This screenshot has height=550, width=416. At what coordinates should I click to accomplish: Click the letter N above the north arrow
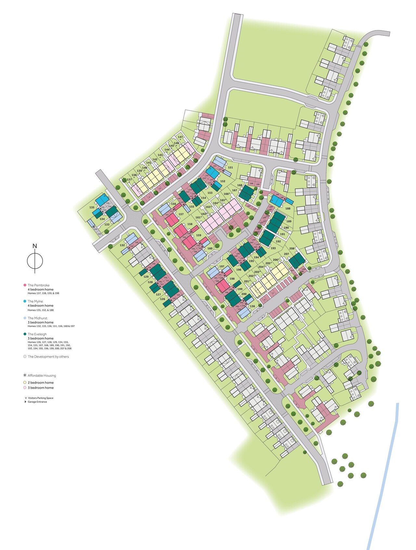coord(35,246)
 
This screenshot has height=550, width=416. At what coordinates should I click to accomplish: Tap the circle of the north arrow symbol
coord(35,261)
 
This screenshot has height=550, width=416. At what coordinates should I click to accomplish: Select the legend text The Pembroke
coord(38,285)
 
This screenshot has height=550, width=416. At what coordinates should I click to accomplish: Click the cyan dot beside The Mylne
coord(25,301)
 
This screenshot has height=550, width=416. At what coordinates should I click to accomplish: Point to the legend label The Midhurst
coord(37,318)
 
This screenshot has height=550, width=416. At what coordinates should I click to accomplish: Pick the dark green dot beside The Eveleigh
coord(25,334)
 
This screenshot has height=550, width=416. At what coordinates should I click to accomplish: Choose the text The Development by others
coord(48,357)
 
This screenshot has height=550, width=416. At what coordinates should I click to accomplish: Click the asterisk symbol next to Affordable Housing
coord(25,375)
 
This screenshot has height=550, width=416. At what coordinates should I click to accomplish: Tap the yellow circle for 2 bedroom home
coord(25,383)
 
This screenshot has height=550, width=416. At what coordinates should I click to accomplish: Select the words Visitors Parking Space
coord(41,398)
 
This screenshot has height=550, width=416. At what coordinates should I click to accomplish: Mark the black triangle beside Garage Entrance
coord(25,402)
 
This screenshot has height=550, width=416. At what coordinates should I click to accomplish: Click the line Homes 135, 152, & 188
coord(41,310)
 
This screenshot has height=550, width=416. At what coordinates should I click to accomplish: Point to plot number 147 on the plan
coord(180,137)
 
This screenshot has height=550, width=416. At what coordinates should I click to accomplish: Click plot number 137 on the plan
coord(129,179)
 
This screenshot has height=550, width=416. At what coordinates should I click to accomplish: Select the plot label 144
coord(167,150)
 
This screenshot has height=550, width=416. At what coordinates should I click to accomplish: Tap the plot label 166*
coord(227,194)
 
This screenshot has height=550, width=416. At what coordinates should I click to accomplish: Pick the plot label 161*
coord(199,217)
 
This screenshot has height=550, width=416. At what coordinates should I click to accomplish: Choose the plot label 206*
coord(276,260)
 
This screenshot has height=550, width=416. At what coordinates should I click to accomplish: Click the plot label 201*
coord(247,282)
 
